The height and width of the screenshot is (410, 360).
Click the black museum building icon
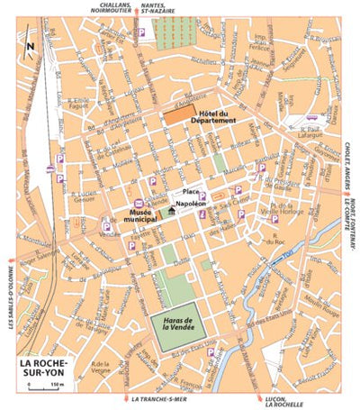pyautogui.click(x=172, y=210)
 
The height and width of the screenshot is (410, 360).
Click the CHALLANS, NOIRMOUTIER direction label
pyautogui.click(x=106, y=7)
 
